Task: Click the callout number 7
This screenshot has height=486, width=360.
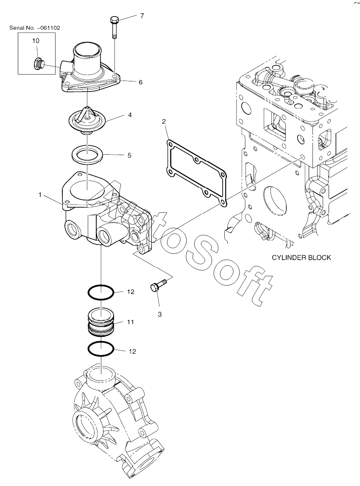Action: [142, 16]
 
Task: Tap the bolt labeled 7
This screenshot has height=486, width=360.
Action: [114, 28]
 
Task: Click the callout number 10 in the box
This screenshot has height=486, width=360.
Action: [36, 41]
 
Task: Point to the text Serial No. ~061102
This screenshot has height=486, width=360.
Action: [35, 28]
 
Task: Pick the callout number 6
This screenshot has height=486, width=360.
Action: [140, 82]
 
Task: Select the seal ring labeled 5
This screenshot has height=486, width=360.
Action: [88, 154]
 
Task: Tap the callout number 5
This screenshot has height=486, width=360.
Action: [130, 155]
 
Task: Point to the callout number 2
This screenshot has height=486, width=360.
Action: [164, 122]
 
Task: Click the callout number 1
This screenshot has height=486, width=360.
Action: [40, 194]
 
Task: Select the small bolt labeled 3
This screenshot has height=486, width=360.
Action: [158, 285]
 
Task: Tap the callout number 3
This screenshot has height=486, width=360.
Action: [160, 314]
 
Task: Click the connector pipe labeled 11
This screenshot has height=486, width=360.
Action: [101, 322]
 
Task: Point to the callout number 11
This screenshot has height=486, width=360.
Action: [131, 322]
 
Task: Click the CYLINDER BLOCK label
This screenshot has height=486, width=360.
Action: [301, 258]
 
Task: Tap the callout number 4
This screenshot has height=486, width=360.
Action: [130, 115]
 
